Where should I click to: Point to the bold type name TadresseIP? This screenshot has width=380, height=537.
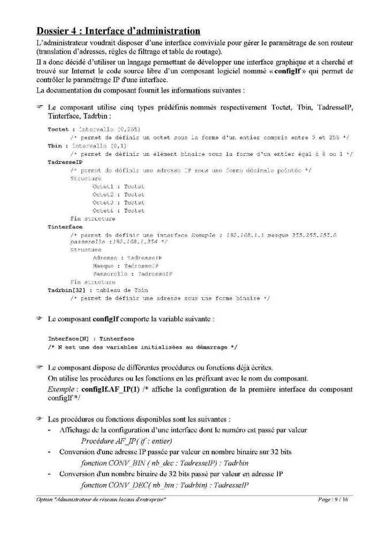(x=63, y=163)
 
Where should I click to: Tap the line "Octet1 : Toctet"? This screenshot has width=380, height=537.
(x=118, y=187)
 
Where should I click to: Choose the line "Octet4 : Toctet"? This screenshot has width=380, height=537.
(x=118, y=211)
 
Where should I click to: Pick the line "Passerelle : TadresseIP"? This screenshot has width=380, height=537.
(x=132, y=274)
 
